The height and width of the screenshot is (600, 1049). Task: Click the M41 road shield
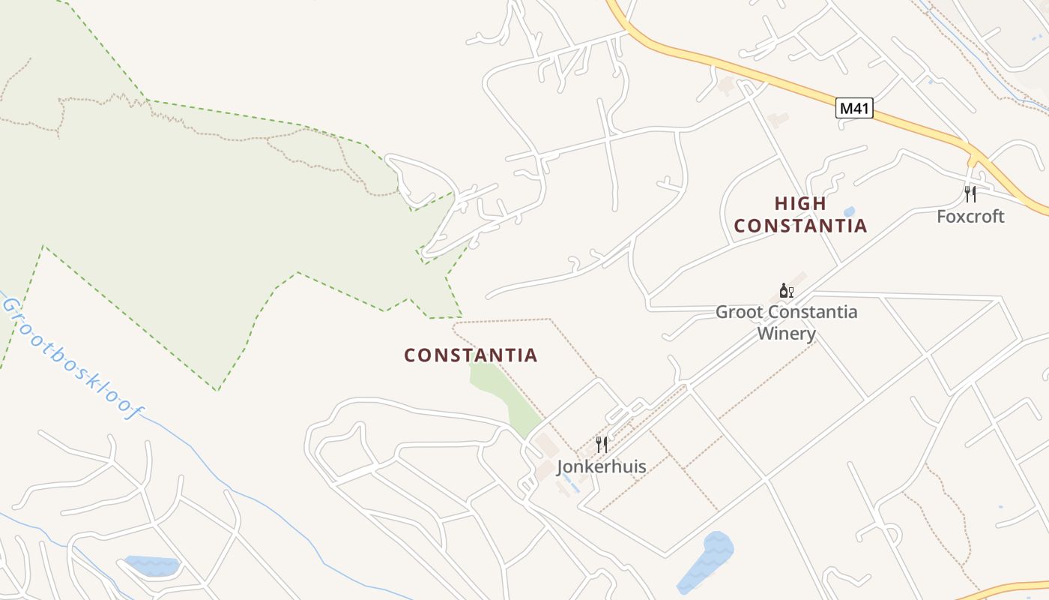click(x=854, y=108)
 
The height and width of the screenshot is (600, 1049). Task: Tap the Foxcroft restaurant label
click(x=970, y=217)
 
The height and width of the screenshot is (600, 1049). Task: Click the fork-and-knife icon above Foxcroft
click(x=970, y=194)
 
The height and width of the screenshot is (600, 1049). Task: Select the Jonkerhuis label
click(x=601, y=466)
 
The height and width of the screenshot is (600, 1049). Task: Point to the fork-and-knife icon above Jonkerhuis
click(x=601, y=444)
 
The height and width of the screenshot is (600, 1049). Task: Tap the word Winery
click(x=786, y=333)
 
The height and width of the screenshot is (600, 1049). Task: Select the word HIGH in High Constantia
click(x=800, y=203)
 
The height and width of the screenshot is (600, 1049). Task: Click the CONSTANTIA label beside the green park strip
click(x=471, y=355)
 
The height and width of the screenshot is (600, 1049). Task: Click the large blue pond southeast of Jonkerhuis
click(x=707, y=561)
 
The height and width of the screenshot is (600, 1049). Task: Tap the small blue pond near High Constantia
click(x=849, y=212)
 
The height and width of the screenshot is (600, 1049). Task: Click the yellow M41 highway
click(x=749, y=75)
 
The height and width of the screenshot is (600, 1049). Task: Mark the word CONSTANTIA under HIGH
click(x=800, y=225)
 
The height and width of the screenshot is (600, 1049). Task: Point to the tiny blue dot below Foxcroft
click(x=1000, y=507)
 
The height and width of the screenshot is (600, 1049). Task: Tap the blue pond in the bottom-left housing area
click(x=152, y=565)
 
